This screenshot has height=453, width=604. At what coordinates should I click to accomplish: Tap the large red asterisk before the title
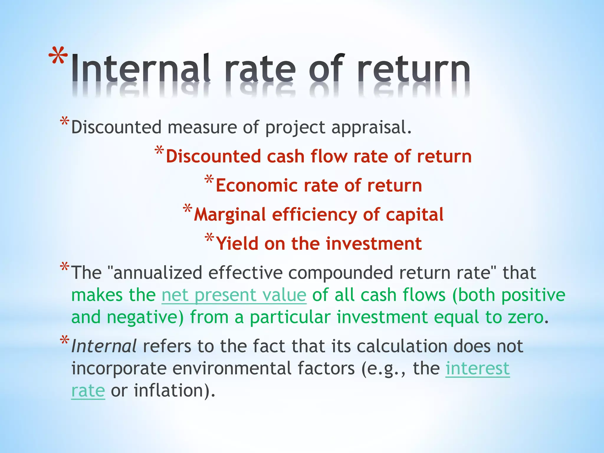pyautogui.click(x=58, y=56)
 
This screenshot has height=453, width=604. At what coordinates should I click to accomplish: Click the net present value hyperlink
pyautogui.click(x=234, y=295)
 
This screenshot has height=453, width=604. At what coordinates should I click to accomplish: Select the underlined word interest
pyautogui.click(x=477, y=368)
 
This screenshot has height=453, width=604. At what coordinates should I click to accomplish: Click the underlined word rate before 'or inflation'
pyautogui.click(x=88, y=391)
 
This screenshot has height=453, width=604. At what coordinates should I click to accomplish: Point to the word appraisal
pyautogui.click(x=371, y=127)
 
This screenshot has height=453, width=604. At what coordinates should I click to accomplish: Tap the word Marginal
pyautogui.click(x=230, y=215)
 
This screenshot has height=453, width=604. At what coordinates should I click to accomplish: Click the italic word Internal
pyautogui.click(x=104, y=346)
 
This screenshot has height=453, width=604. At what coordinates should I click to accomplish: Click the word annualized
pyautogui.click(x=157, y=273)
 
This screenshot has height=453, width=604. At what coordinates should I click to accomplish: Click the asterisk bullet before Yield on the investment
pyautogui.click(x=209, y=238)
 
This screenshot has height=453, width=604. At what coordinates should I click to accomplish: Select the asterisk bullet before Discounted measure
pyautogui.click(x=64, y=122)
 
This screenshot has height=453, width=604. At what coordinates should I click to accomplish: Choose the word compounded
pyautogui.click(x=341, y=273)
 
